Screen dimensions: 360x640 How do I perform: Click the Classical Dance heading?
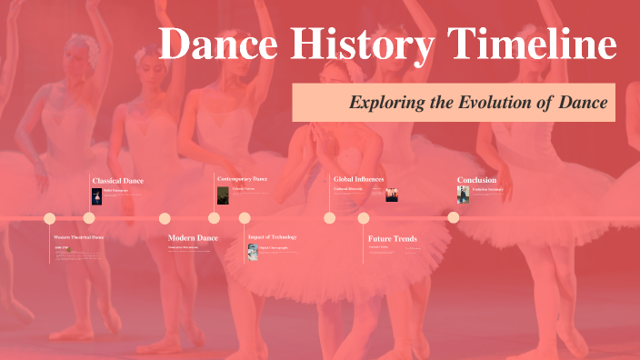(x=117, y=181)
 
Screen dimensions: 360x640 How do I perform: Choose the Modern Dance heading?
(x=193, y=238)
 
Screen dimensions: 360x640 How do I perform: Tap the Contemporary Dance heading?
(x=242, y=179)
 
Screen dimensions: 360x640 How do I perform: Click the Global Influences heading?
(x=358, y=180)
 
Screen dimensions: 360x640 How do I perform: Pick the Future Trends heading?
(x=392, y=239)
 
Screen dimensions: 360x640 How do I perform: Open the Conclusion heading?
(x=477, y=180)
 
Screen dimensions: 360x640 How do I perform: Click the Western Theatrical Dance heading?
(x=79, y=237)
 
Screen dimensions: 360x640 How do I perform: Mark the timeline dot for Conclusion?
(x=454, y=217)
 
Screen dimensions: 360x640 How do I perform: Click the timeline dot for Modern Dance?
(x=165, y=218)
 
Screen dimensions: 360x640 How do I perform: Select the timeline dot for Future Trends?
(x=364, y=218)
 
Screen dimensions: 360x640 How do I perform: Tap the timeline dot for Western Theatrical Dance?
(x=50, y=218)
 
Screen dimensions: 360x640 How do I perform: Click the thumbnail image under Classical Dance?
(x=96, y=195)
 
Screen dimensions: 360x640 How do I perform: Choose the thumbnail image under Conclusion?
(x=463, y=195)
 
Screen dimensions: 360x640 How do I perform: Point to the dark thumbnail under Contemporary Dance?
(x=223, y=195)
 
